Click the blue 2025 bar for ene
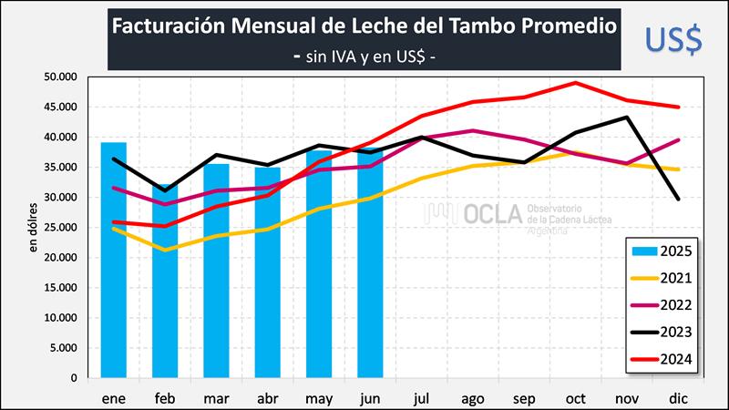coord(113,273)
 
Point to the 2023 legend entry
coord(662,333)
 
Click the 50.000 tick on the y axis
coord(61,77)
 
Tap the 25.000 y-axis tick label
coord(61,228)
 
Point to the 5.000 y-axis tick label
coord(64,348)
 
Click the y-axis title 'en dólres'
coord(35,228)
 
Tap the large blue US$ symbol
coord(673,37)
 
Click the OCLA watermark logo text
coord(491,214)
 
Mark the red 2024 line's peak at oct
coord(576,83)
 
